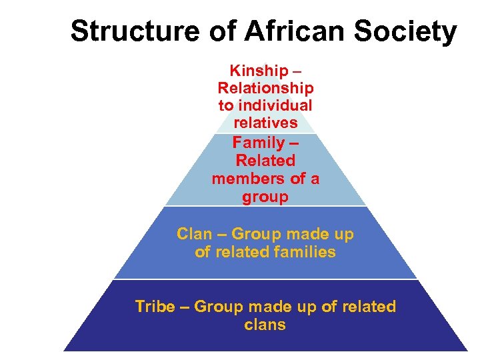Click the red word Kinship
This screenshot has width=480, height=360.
click(x=256, y=70)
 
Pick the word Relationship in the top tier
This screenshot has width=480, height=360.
click(x=265, y=87)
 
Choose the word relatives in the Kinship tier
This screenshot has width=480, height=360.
click(x=265, y=123)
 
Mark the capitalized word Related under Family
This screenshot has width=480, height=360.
click(x=265, y=161)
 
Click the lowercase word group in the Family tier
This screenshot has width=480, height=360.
click(x=265, y=197)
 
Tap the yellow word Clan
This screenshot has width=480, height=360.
click(x=194, y=234)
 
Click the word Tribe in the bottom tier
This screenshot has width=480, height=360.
click(x=153, y=307)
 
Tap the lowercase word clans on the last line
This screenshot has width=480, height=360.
click(x=265, y=325)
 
